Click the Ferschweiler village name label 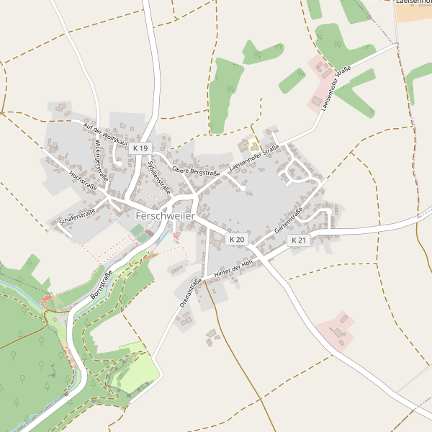166,215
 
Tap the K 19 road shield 140,148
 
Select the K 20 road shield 236,239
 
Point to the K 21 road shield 299,240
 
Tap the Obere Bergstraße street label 196,172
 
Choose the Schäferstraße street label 78,215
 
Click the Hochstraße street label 83,180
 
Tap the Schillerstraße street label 158,176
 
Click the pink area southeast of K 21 335,330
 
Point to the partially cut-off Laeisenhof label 413,2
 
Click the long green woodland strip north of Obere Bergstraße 226,94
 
